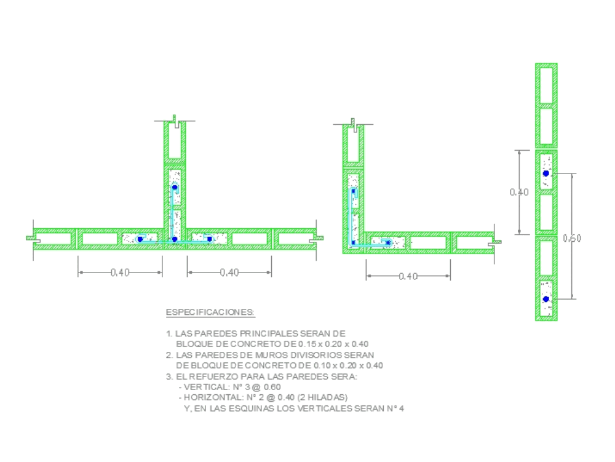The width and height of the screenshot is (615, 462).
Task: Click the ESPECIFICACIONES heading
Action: pos(210,313)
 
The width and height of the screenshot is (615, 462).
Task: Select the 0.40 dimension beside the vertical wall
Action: pos(519,193)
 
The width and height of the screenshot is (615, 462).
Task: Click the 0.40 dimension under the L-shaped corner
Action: pos(408,276)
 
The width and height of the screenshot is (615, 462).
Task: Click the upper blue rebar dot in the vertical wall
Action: pos(546,173)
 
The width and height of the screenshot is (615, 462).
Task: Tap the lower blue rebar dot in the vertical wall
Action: pos(546,299)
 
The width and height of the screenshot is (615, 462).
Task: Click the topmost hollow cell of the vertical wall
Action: pos(546,85)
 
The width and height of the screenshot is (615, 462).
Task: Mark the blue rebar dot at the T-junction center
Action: pos(174,239)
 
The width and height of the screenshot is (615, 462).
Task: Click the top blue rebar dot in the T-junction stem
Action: pos(175,187)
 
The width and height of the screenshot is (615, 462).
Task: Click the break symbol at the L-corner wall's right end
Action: pos(496,242)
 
